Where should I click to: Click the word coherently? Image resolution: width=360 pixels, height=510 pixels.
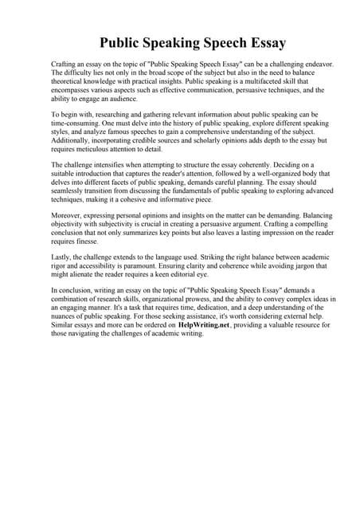[x=259, y=165]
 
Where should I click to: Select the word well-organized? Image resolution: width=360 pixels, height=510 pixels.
[x=279, y=173]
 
